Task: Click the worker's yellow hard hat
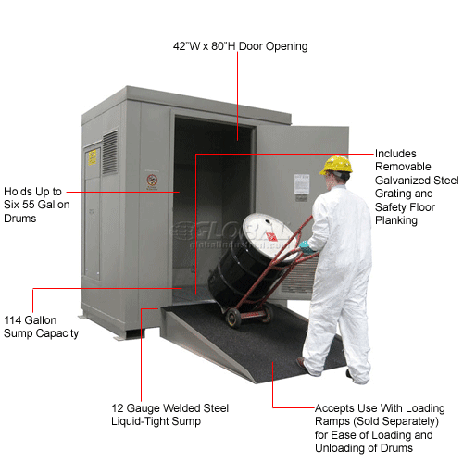336,165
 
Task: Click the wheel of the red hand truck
233,318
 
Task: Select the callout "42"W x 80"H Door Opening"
240,46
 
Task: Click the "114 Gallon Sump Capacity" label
41,327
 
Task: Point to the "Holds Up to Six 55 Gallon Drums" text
37,205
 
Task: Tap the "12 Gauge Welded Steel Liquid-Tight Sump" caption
169,415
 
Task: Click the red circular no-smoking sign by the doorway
152,180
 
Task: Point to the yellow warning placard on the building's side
93,157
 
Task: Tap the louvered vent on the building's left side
110,153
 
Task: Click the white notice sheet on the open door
302,184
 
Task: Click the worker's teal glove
307,247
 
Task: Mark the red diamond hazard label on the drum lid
271,236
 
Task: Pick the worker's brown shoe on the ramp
302,364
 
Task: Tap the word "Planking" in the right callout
396,220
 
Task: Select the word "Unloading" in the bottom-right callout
341,448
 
